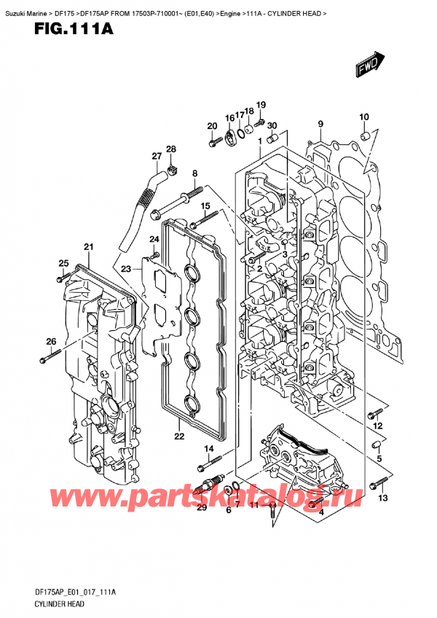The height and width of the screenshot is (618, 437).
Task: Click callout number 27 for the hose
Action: point(157,156)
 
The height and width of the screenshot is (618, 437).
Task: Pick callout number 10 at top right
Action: point(364,117)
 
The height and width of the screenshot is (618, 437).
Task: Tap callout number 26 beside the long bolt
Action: point(50,341)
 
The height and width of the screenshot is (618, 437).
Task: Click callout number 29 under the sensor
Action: point(202,507)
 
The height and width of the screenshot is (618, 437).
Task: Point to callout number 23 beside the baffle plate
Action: point(125,268)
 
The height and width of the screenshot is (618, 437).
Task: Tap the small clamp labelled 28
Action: point(174,171)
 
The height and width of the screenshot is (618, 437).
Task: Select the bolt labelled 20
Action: point(213,143)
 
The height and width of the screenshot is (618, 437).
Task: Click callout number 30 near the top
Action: point(272,125)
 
